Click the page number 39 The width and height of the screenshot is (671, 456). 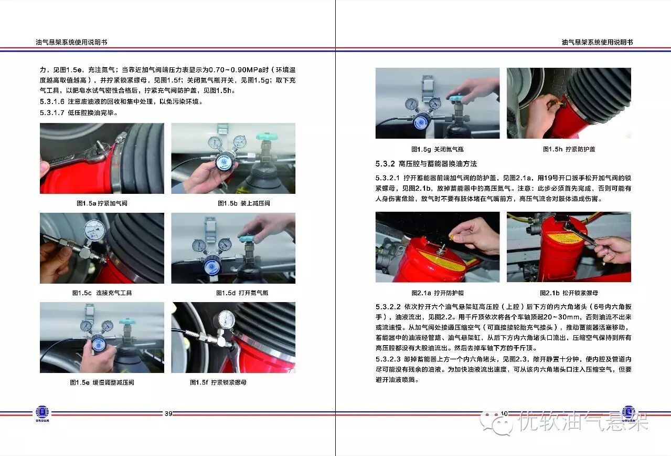pyautogui.click(x=168, y=413)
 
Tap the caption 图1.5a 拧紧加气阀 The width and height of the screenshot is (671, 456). pyautogui.click(x=102, y=203)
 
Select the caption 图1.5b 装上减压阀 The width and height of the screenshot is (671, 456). pyautogui.click(x=244, y=203)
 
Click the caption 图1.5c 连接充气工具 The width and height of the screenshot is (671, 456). pyautogui.click(x=102, y=293)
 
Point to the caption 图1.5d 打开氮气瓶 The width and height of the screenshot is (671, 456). pyautogui.click(x=242, y=293)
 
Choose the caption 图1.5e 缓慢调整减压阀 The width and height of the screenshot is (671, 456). pyautogui.click(x=102, y=382)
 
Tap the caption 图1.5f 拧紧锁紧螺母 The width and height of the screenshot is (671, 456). pyautogui.click(x=218, y=382)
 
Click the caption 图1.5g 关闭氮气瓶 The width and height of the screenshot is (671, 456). pyautogui.click(x=438, y=149)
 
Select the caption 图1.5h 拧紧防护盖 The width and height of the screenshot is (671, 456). pyautogui.click(x=569, y=149)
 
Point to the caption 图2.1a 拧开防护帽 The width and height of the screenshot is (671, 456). pyautogui.click(x=438, y=293)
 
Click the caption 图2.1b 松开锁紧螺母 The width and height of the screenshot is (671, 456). pyautogui.click(x=569, y=293)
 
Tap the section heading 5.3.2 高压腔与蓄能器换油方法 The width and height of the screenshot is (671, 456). pyautogui.click(x=426, y=164)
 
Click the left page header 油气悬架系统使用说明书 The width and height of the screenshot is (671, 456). pyautogui.click(x=71, y=43)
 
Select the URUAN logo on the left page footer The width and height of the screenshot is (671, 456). pyautogui.click(x=42, y=413)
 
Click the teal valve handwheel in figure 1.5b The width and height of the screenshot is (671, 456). pyautogui.click(x=267, y=137)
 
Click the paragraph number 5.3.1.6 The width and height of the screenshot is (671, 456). pyautogui.click(x=52, y=102)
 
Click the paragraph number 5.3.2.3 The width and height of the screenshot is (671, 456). pyautogui.click(x=388, y=359)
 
